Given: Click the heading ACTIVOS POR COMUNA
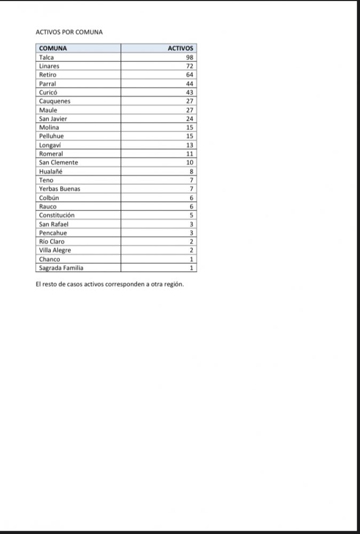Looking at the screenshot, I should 69,32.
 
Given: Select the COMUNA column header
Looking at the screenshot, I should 53,49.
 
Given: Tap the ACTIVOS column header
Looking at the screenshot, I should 181,49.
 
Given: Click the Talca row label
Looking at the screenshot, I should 46,57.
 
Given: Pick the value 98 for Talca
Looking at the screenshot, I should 190,57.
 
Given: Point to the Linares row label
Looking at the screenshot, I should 49,66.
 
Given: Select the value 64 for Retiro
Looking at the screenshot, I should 190,75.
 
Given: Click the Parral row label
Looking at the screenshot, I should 48,84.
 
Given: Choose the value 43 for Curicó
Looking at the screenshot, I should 190,92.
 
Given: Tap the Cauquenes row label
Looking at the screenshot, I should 54,101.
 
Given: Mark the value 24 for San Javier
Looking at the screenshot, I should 190,119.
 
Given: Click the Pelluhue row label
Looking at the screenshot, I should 51,136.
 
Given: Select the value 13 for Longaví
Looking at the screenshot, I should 190,145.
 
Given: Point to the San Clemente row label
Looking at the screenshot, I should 58,162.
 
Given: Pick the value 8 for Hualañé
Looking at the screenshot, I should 191,171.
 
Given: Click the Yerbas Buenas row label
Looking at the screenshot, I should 59,189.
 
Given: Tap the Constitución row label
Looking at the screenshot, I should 57,215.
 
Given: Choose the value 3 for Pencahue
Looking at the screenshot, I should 191,233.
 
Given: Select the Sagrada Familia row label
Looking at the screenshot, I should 61,268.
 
